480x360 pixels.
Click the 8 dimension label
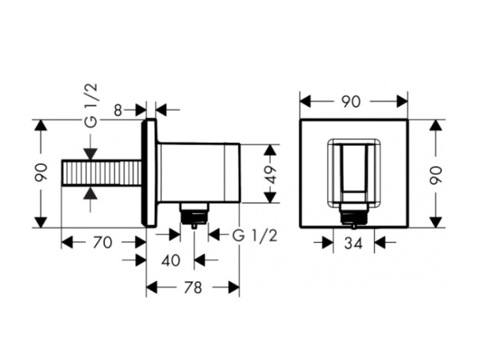click(x=118, y=109)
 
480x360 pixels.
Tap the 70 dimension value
click(x=102, y=242)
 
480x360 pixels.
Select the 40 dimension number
click(x=171, y=260)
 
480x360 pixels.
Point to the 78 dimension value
click(x=193, y=288)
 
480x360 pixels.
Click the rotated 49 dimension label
click(x=271, y=174)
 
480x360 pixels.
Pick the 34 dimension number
click(x=354, y=243)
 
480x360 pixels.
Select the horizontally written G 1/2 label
click(x=255, y=235)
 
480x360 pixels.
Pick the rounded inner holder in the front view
click(x=353, y=173)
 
